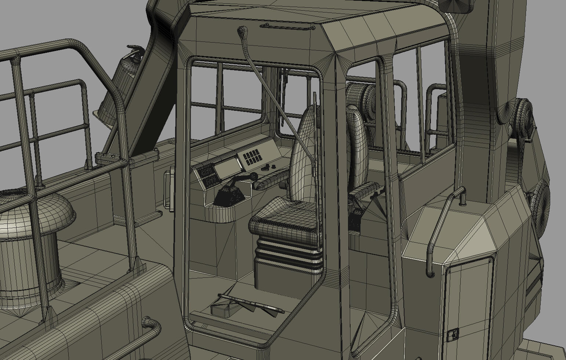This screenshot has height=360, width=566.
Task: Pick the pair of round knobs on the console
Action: click(269, 168)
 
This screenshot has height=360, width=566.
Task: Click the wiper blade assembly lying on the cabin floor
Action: click(253, 303)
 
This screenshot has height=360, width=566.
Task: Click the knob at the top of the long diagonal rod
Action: click(243, 32)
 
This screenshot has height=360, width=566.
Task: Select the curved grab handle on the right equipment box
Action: click(442, 228)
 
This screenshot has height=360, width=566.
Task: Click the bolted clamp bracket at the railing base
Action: click(110, 159)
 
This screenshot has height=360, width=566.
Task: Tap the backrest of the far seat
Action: click(358, 147)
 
